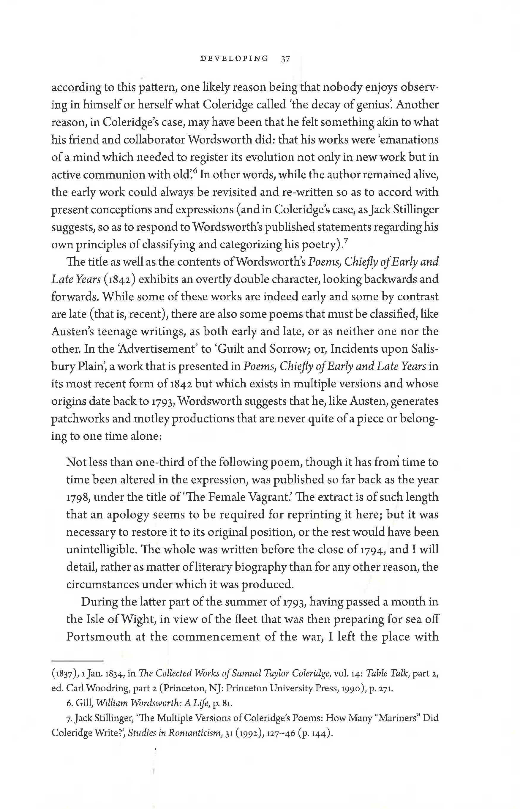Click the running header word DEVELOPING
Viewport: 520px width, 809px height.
[234, 59]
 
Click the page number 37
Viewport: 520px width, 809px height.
[285, 59]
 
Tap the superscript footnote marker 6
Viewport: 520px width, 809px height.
[195, 172]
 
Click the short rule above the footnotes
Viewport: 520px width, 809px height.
[77, 660]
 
